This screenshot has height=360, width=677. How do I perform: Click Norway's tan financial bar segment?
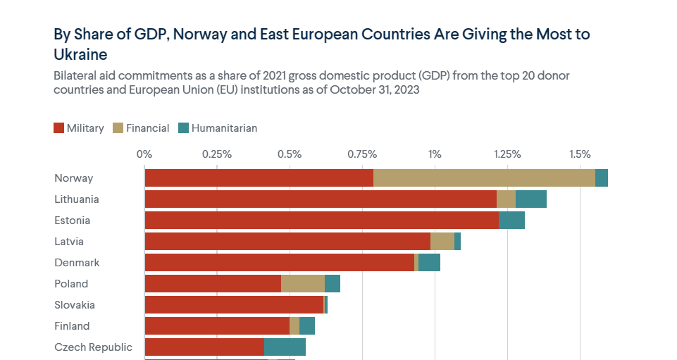(484, 178)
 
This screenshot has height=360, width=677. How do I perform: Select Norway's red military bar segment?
(259, 178)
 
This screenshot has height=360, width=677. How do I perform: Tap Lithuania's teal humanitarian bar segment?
(531, 199)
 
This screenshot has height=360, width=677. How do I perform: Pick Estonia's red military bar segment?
(321, 221)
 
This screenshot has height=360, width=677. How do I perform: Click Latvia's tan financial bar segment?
(442, 242)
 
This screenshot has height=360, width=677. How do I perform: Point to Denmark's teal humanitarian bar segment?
(430, 263)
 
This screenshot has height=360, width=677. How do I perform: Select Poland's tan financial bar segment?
(303, 284)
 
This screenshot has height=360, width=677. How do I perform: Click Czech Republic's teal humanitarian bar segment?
(285, 347)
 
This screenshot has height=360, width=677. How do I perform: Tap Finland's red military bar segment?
(217, 326)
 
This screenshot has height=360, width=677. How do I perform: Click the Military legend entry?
(78, 128)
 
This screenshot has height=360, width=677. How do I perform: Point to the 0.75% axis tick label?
(362, 154)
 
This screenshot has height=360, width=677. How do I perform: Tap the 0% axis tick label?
(144, 154)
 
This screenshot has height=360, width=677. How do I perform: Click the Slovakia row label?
(75, 305)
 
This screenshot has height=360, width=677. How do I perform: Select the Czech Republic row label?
(93, 347)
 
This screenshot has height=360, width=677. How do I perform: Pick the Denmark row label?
(77, 263)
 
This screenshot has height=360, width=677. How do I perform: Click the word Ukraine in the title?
(80, 54)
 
